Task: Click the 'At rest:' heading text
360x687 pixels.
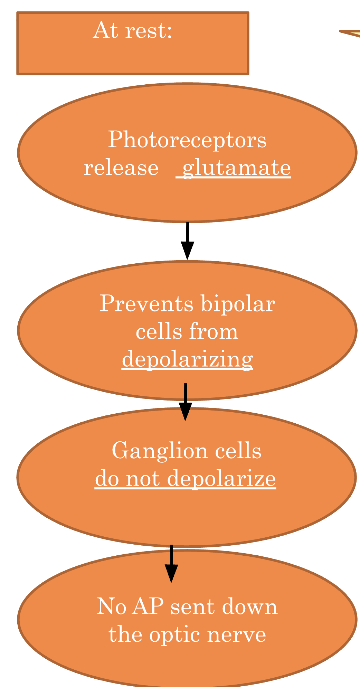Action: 132,30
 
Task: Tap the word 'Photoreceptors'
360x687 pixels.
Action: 187,140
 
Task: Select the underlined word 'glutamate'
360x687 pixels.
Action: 236,168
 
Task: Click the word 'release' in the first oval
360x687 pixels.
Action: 121,168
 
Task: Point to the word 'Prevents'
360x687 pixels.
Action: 146,304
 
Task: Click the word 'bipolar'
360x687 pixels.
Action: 238,304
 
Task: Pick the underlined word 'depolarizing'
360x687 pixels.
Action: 187,359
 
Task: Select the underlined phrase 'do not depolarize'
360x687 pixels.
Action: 186,479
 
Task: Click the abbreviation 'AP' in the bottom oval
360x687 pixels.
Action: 148,606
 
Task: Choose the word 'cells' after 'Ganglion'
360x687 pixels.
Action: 238,451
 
